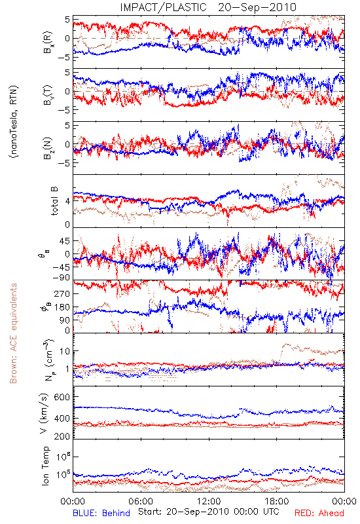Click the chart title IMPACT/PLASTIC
point(163,7)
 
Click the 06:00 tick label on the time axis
point(141,501)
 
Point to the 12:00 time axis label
point(209,501)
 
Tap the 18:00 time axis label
point(277,501)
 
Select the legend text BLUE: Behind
point(101,514)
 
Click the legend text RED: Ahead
point(319,514)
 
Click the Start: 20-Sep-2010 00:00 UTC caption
point(208,512)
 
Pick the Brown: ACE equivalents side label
point(13,333)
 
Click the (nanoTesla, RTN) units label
point(14,121)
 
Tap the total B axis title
point(54,201)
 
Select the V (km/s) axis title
point(44,413)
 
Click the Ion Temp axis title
point(45,466)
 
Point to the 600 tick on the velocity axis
point(62,397)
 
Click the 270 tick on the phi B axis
point(62,293)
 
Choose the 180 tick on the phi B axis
point(62,307)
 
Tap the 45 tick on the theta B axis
point(65,241)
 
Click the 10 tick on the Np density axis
point(65,351)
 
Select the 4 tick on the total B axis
point(67,201)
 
